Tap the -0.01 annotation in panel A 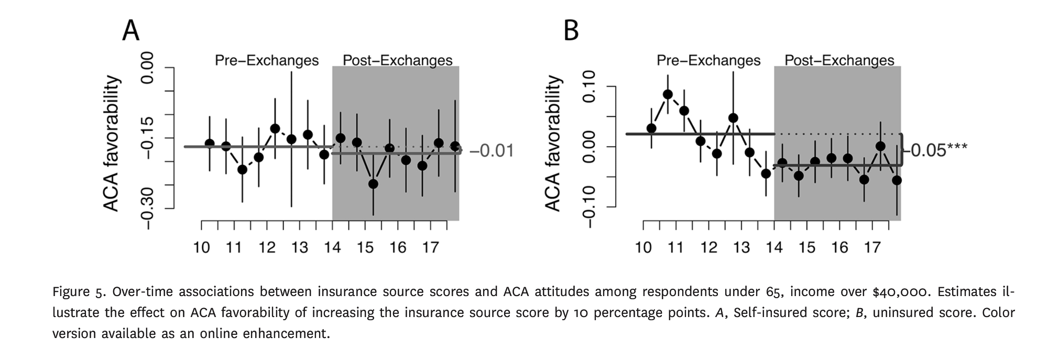(x=492, y=151)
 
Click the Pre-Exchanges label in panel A (x=267, y=61)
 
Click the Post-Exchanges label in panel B (x=839, y=61)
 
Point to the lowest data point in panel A (x=373, y=184)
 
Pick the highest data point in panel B (x=668, y=94)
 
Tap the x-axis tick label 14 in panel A (x=332, y=247)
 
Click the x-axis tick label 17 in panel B (x=872, y=247)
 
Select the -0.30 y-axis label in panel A (x=148, y=209)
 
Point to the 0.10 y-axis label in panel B (x=590, y=86)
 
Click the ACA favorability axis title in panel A (x=112, y=144)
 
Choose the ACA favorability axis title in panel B (x=553, y=144)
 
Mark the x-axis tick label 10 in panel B (x=643, y=247)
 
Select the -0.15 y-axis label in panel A (x=148, y=138)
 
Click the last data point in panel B (x=897, y=180)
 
